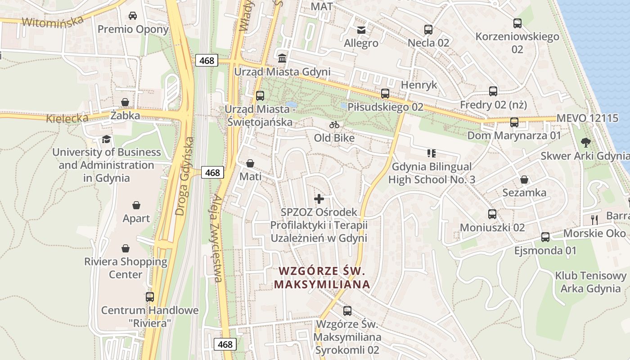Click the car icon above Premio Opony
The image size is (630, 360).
tap(133, 16)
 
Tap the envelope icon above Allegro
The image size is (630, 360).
tap(361, 30)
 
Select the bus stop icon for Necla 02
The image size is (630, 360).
tap(428, 30)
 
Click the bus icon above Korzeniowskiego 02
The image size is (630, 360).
tap(517, 23)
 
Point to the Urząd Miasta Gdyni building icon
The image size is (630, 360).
tap(282, 58)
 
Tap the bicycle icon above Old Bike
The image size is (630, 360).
tap(334, 125)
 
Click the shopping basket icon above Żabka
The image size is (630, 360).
tap(125, 103)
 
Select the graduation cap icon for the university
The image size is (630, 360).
tap(106, 139)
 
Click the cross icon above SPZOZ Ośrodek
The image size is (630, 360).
tap(319, 198)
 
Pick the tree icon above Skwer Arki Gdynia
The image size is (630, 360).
tap(585, 143)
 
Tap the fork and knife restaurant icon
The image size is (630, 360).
tap(594, 220)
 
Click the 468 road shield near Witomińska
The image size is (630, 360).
tap(207, 60)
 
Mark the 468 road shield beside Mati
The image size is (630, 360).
tap(212, 172)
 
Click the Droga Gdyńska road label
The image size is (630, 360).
tap(185, 176)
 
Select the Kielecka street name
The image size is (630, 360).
tap(67, 118)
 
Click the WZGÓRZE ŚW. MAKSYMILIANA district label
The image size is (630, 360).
tap(322, 278)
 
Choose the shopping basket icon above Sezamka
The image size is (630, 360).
tap(524, 180)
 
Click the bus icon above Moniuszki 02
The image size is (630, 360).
tap(492, 214)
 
